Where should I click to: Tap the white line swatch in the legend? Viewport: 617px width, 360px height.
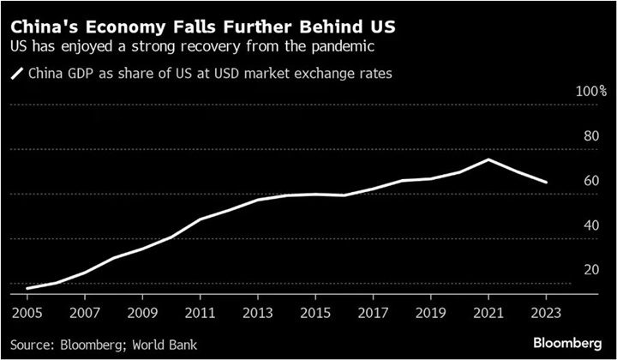coord(17,75)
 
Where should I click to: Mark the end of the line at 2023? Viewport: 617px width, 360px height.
coord(546,183)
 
